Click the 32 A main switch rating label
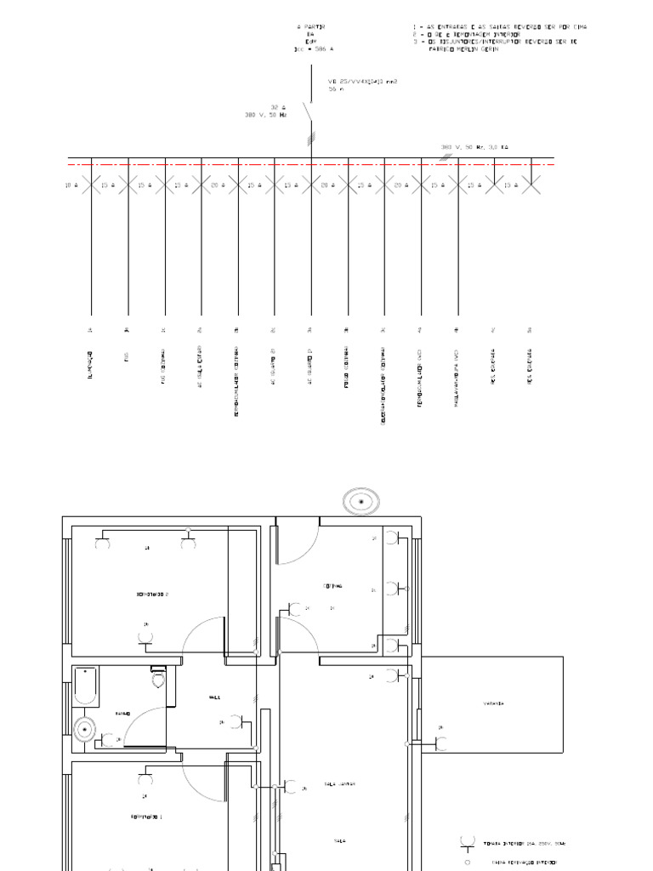[x=275, y=107]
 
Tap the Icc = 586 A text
[x=309, y=48]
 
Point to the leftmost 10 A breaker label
[x=71, y=185]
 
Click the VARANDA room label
[x=495, y=703]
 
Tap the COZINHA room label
[x=332, y=585]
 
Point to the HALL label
[x=214, y=697]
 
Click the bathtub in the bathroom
[x=85, y=686]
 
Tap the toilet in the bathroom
[x=157, y=677]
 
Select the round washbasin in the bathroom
[x=85, y=730]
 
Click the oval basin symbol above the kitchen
[x=362, y=502]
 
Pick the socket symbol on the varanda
[x=443, y=743]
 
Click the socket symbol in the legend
[x=467, y=843]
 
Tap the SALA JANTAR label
[x=339, y=784]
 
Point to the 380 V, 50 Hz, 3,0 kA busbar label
[x=474, y=147]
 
